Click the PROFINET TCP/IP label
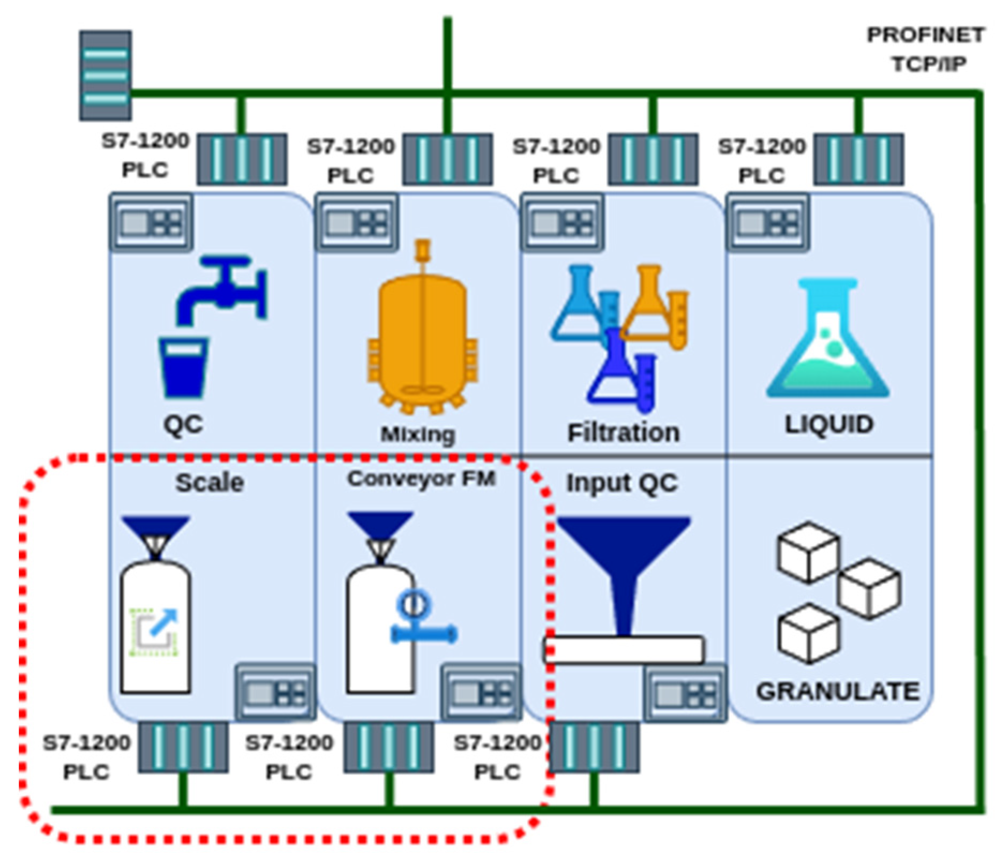coord(926,49)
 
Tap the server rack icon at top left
coord(106,75)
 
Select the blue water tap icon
coord(222,289)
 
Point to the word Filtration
coord(623,433)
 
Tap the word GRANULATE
coord(838,691)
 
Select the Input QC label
coord(622,483)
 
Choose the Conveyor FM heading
coord(421,479)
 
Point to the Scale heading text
coord(210,482)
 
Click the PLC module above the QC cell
coord(242,160)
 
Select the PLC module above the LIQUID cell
coord(858,160)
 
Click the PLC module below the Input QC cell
coord(594,747)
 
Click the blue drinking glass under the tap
coord(184,367)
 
